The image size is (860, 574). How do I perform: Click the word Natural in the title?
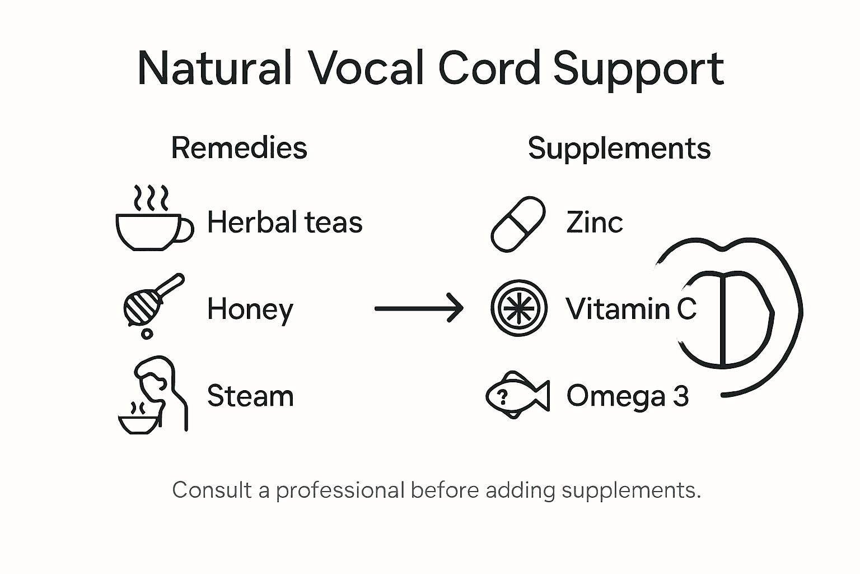click(214, 69)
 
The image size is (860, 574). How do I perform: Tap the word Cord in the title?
click(489, 69)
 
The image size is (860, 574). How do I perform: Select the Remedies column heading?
click(239, 148)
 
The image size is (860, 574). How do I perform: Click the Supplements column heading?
click(619, 149)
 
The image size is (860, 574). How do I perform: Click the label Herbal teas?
click(285, 222)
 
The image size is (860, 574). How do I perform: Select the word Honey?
click(250, 309)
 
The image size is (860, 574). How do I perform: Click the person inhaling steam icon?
click(154, 395)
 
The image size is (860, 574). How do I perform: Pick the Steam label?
click(250, 396)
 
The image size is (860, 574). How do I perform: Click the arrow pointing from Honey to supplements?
click(419, 308)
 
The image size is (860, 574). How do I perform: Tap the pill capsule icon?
click(518, 224)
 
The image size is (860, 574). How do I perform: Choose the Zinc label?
click(594, 222)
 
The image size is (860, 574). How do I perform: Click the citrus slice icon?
click(518, 308)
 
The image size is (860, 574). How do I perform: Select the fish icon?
click(517, 395)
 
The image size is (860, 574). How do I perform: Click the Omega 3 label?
click(627, 396)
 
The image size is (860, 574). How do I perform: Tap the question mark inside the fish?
click(502, 397)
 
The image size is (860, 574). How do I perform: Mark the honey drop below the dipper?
click(147, 334)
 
